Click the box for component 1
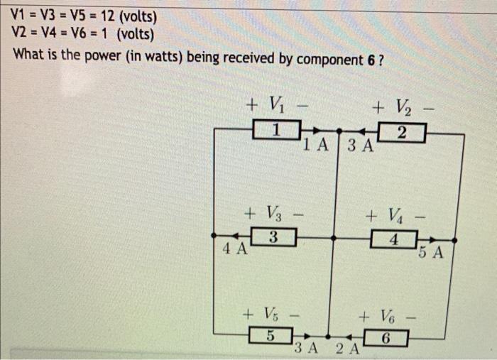tap(277, 131)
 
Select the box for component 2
tap(402, 133)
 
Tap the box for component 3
tap(273, 236)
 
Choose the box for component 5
tap(268, 336)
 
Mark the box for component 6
tap(384, 338)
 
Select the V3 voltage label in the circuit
tap(273, 212)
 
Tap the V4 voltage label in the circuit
tap(393, 214)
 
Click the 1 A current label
tap(315, 146)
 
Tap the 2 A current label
tap(347, 349)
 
